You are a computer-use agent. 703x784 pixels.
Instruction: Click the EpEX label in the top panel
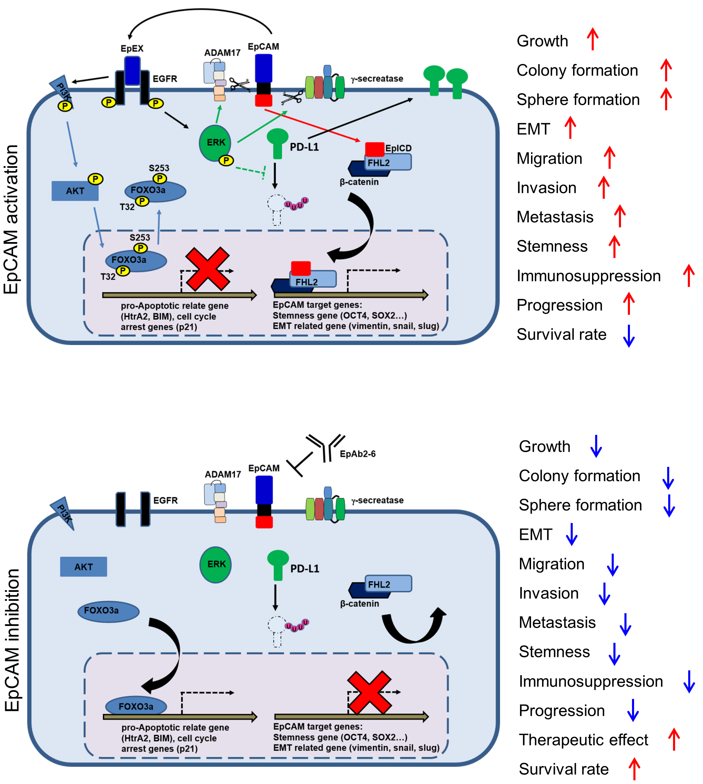pos(132,48)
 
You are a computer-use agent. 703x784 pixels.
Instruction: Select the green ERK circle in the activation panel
pos(215,143)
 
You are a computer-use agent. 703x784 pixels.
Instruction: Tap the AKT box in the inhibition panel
pos(83,567)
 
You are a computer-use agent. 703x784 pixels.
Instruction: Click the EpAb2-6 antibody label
pos(357,453)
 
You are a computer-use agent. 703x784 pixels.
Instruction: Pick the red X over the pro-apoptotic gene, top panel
pos(207,269)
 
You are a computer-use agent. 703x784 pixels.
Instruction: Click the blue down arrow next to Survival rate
pos(629,335)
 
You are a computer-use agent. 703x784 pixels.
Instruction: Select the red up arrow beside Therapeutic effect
pos(674,739)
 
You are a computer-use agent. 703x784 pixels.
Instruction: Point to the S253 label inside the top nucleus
pos(140,237)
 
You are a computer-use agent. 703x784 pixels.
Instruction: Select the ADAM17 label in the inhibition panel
pos(223,474)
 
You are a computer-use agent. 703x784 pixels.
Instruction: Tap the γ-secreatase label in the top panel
pos(377,79)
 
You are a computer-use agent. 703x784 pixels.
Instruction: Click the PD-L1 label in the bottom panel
pos(304,568)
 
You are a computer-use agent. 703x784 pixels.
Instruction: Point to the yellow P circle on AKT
pos(95,179)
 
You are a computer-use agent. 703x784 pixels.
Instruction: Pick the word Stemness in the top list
pos(552,246)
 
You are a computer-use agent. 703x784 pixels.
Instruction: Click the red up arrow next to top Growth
pos(592,39)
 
